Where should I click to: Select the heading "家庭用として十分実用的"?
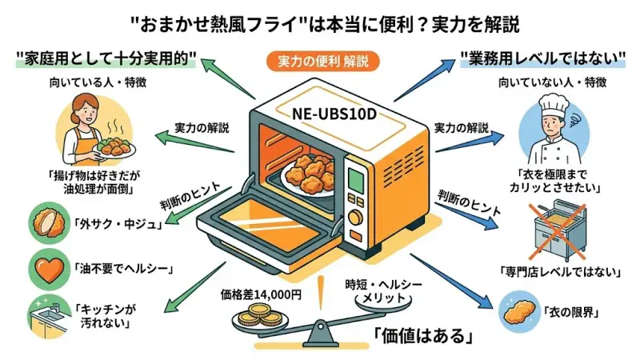tap(107, 60)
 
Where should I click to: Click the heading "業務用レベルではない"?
tap(542, 60)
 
